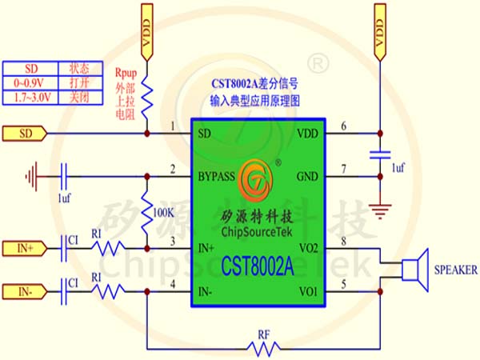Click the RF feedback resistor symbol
pyautogui.click(x=263, y=349)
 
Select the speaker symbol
pyautogui.click(x=415, y=270)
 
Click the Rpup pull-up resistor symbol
pyautogui.click(x=147, y=98)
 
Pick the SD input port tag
pyautogui.click(x=25, y=134)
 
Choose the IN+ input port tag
pyautogui.click(x=25, y=248)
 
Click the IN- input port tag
pyautogui.click(x=25, y=292)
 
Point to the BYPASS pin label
pyautogui.click(x=217, y=177)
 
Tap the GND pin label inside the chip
pyautogui.click(x=307, y=177)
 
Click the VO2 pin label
pyautogui.click(x=309, y=248)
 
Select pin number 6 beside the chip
pyautogui.click(x=343, y=126)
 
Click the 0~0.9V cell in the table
pyautogui.click(x=30, y=83)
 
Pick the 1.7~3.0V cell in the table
pyautogui.click(x=30, y=98)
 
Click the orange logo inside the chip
pyautogui.click(x=256, y=180)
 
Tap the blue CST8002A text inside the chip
pyautogui.click(x=257, y=266)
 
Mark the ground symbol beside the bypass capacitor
pyautogui.click(x=32, y=177)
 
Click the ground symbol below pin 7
pyautogui.click(x=380, y=211)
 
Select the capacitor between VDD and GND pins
pyautogui.click(x=380, y=155)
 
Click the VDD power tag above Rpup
pyautogui.click(x=147, y=32)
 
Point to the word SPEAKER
pyautogui.click(x=456, y=270)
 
